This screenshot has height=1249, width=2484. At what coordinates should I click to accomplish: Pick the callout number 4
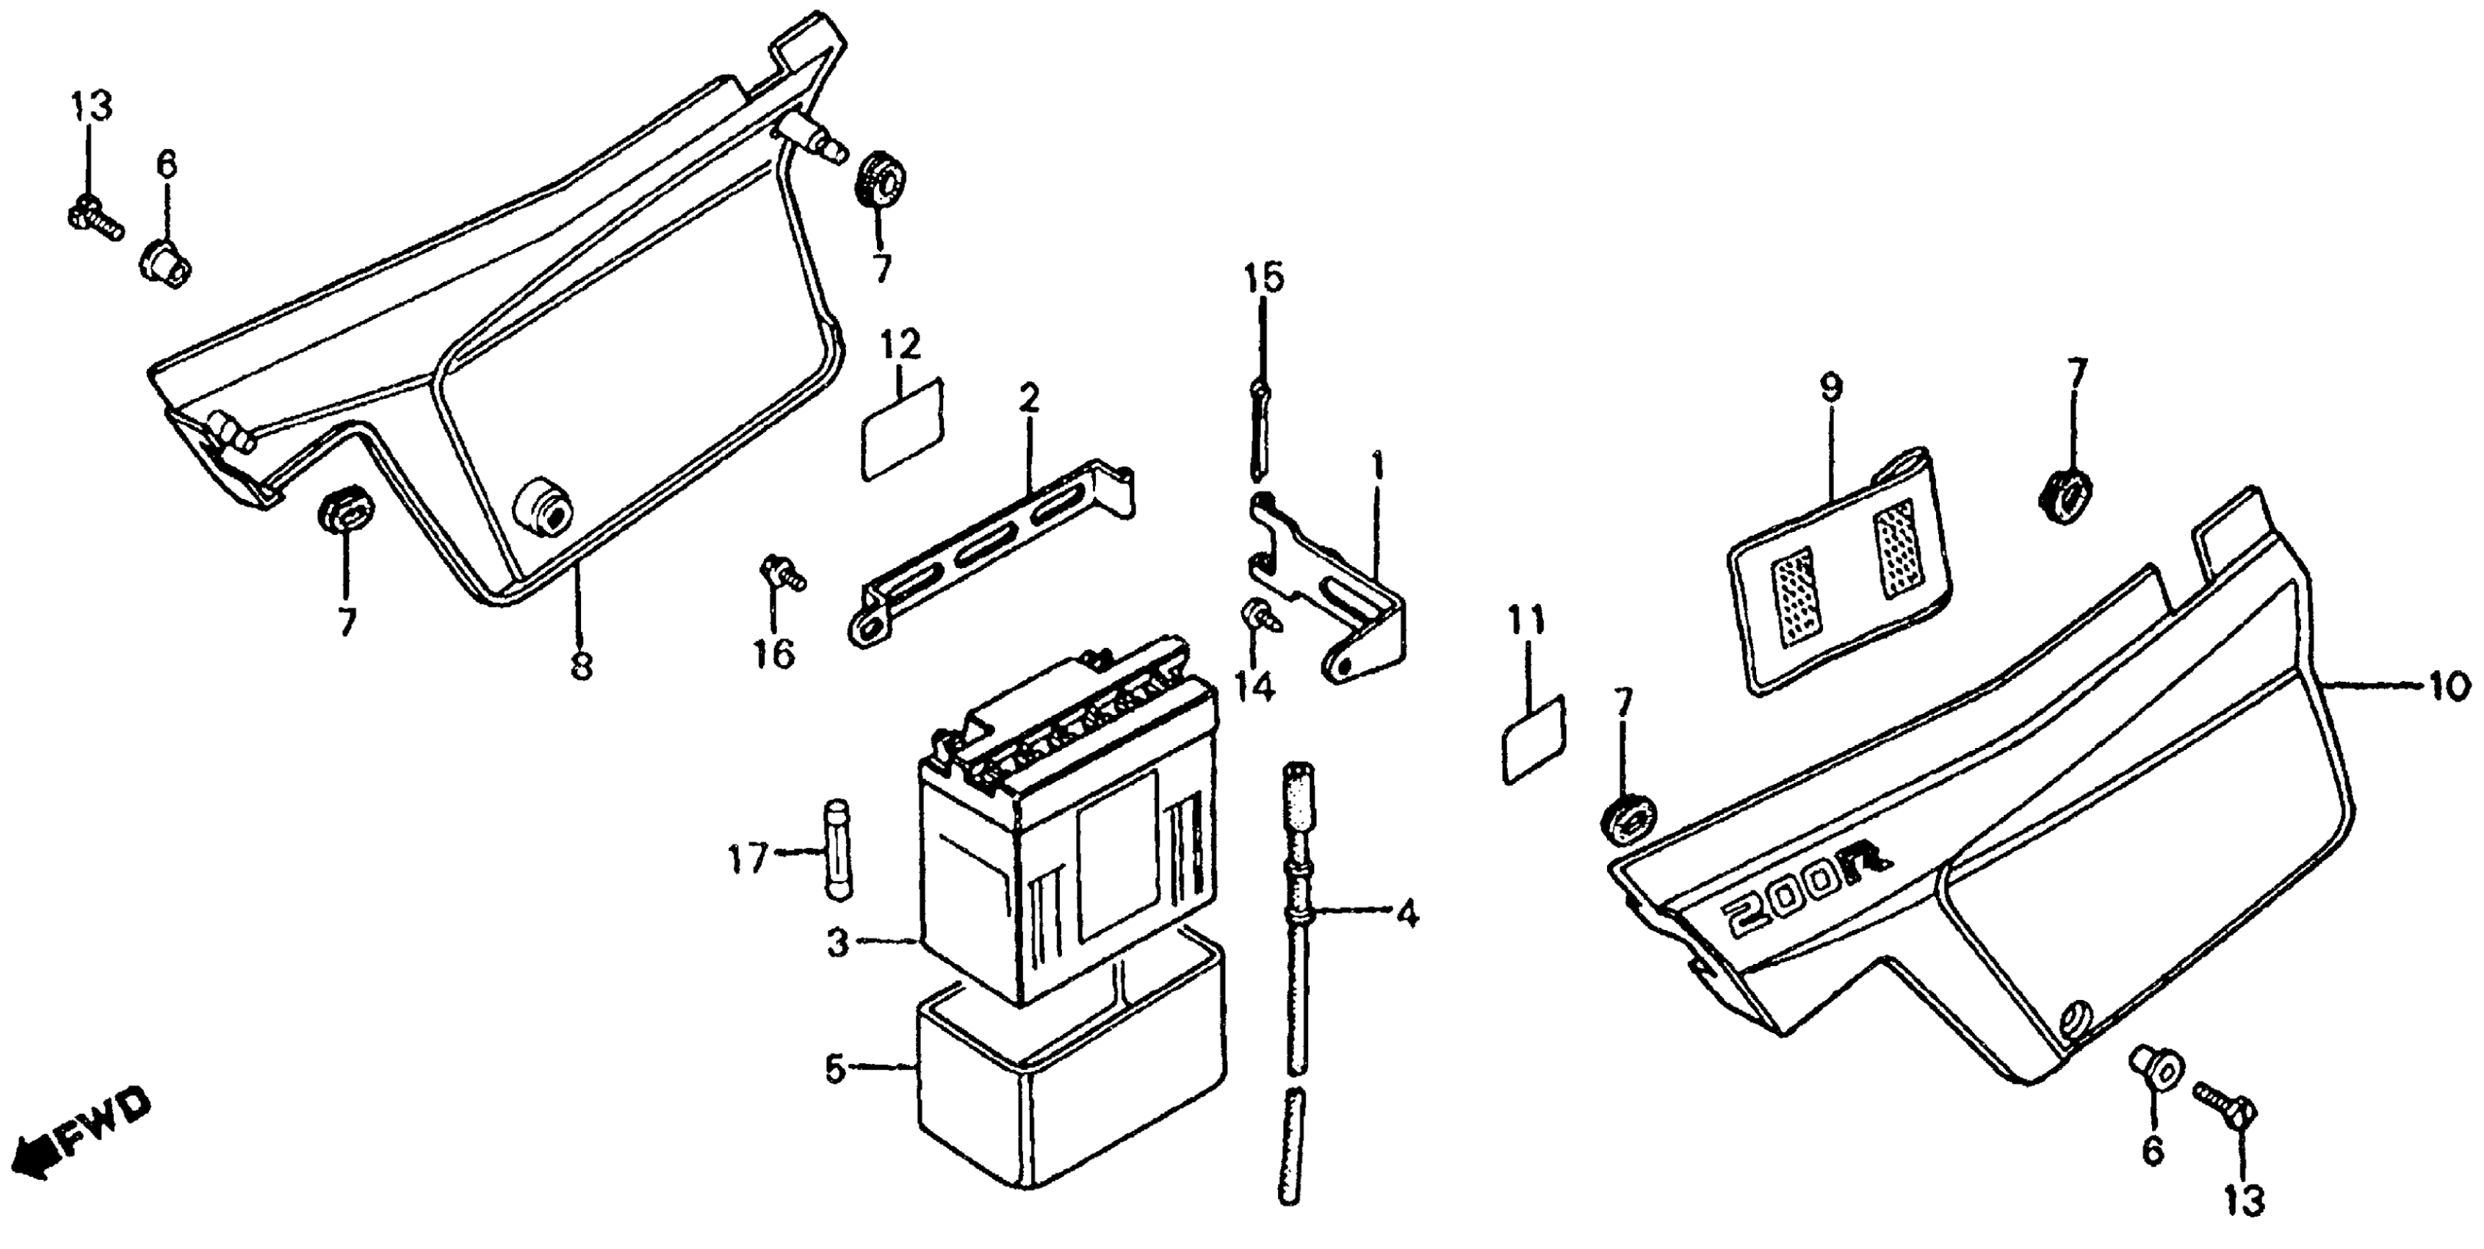click(1407, 912)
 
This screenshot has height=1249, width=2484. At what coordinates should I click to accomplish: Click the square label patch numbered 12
click(903, 428)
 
